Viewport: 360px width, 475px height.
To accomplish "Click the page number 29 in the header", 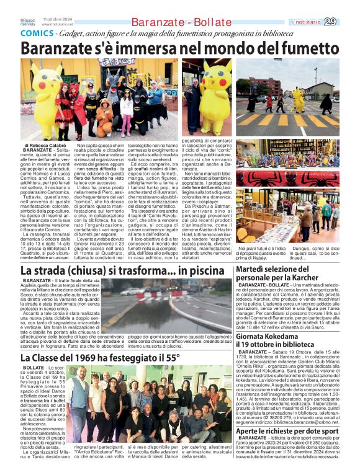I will pyautogui.click(x=348, y=22).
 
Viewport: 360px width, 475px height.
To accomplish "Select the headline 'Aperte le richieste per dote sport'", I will pyautogui.click(x=287, y=432).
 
